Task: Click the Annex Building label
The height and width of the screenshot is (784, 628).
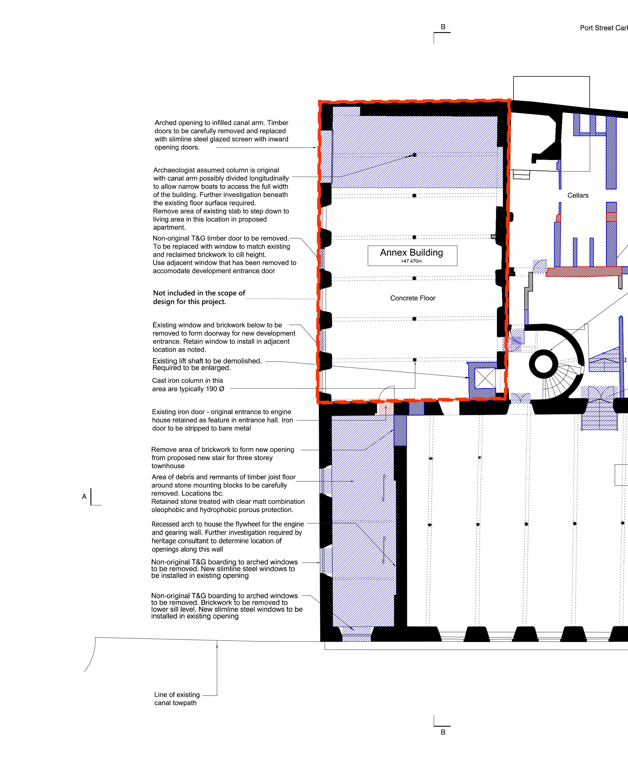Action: click(411, 252)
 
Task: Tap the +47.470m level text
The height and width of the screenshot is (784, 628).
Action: click(411, 261)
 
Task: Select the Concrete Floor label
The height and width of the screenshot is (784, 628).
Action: click(413, 298)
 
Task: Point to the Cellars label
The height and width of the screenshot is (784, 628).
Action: click(578, 195)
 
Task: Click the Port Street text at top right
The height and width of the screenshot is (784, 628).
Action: click(604, 28)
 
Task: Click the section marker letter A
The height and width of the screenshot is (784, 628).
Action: click(84, 496)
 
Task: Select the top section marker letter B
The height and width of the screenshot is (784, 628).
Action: click(443, 27)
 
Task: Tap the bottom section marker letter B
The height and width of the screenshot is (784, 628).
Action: click(443, 732)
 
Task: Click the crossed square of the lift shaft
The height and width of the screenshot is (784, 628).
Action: click(485, 378)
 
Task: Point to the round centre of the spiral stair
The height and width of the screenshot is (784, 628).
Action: click(543, 364)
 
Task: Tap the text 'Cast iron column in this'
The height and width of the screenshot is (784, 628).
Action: click(188, 380)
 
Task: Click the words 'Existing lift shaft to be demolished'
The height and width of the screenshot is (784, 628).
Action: click(207, 361)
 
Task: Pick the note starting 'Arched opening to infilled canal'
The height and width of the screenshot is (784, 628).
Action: click(222, 135)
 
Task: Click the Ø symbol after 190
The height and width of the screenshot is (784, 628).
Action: click(222, 389)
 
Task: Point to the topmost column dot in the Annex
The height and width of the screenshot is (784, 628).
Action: click(414, 155)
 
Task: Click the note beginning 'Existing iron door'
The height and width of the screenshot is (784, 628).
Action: click(222, 420)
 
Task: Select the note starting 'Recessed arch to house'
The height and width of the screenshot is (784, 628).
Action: click(228, 536)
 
